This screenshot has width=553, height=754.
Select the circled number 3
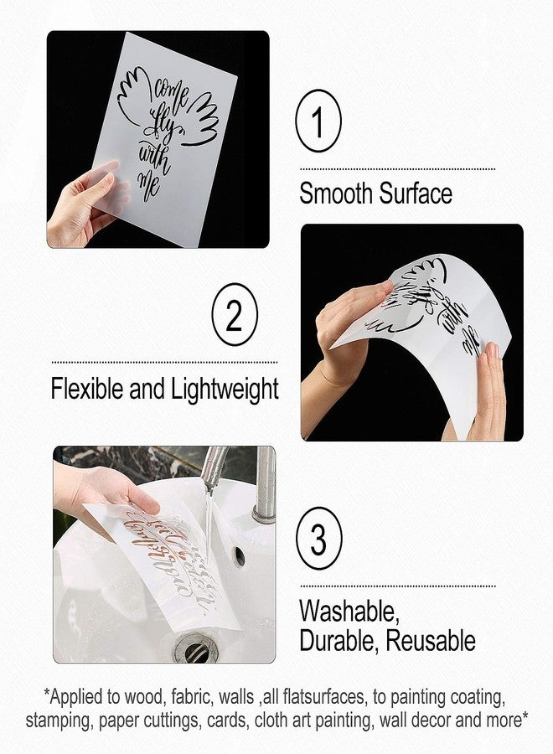[x=318, y=540]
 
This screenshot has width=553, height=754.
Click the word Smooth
[x=337, y=194]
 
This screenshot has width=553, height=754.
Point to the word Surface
[x=415, y=194]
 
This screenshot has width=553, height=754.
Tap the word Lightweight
[x=225, y=390]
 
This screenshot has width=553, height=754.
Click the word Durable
[x=337, y=641]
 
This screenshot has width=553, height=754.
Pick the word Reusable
[x=428, y=641]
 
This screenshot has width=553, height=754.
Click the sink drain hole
[x=194, y=649]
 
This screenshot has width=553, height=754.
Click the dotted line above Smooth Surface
[x=397, y=168]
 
